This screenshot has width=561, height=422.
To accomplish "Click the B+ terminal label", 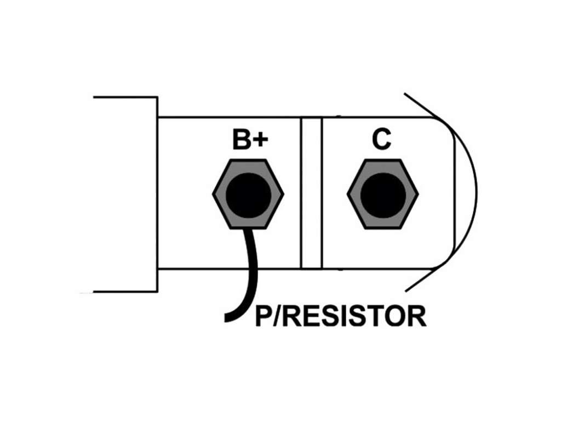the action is pos(250,140).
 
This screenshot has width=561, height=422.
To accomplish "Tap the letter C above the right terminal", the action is pos(381,139).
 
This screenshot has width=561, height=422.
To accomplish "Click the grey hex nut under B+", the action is pos(248,194).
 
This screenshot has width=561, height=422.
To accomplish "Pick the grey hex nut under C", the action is pos(383,194).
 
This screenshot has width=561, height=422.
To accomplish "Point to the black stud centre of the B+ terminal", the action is pos(248,195).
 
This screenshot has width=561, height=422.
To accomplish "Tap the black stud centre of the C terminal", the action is pos(383,195).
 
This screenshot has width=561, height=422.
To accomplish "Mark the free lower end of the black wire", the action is pos(226,318).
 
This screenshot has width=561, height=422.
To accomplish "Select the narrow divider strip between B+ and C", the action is pos(311,193).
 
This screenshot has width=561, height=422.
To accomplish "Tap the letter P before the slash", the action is pos(264,316).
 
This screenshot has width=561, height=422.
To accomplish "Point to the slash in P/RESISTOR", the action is pos(278,316).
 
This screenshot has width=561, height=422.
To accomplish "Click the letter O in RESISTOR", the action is pos(398,316).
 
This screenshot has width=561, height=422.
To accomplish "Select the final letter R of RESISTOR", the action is pos(418,316).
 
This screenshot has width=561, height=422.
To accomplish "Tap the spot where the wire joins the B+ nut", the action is pos(248,230).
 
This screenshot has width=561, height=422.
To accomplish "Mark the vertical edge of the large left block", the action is pos(157,195).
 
